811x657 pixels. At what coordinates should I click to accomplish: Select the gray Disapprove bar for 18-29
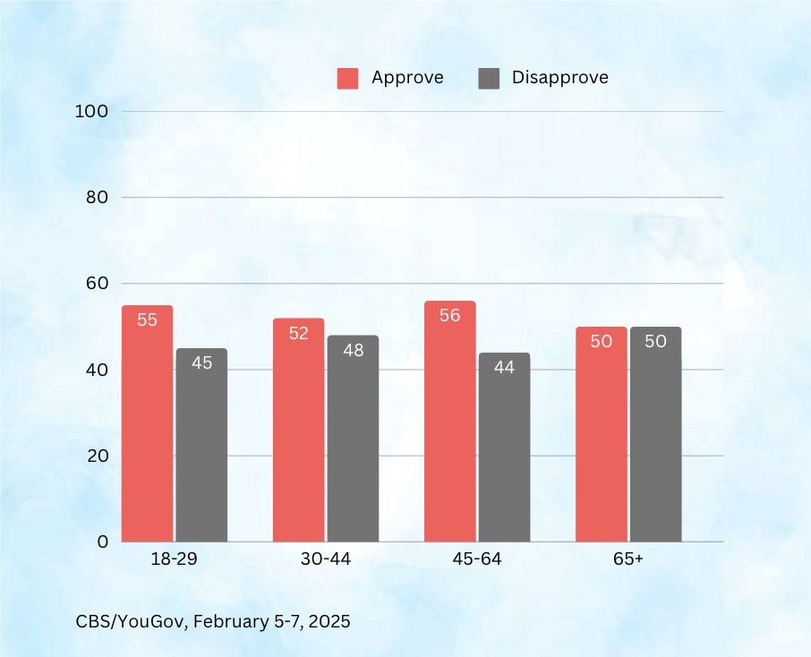201,445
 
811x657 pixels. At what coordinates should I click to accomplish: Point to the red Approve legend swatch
347,78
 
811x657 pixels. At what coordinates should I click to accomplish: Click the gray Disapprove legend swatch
489,78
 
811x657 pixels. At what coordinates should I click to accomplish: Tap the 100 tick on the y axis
94,111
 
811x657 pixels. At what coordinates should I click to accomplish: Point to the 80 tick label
98,197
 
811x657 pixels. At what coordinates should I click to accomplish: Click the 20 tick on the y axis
98,456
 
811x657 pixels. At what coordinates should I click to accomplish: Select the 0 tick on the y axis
103,542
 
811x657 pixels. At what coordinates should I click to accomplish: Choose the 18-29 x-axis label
175,560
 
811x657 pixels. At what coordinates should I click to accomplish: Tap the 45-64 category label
477,560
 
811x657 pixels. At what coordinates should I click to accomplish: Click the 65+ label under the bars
628,560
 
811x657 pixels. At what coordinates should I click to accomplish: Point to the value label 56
450,315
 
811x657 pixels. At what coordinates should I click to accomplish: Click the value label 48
353,350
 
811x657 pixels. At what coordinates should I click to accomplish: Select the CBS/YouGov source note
212,620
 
